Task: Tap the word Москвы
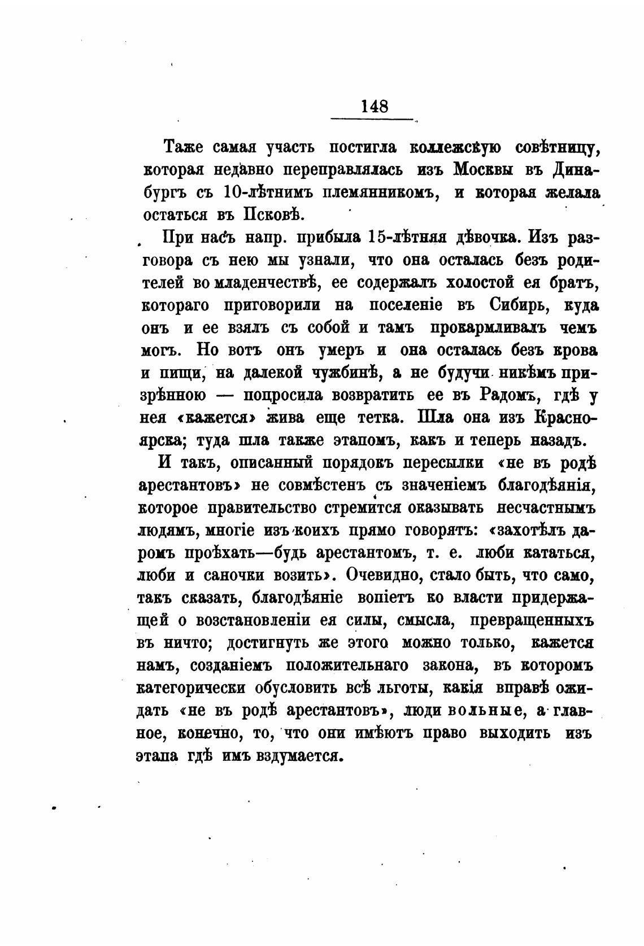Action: coord(488,170)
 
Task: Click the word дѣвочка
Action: coord(489,238)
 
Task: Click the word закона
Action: coord(449,667)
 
